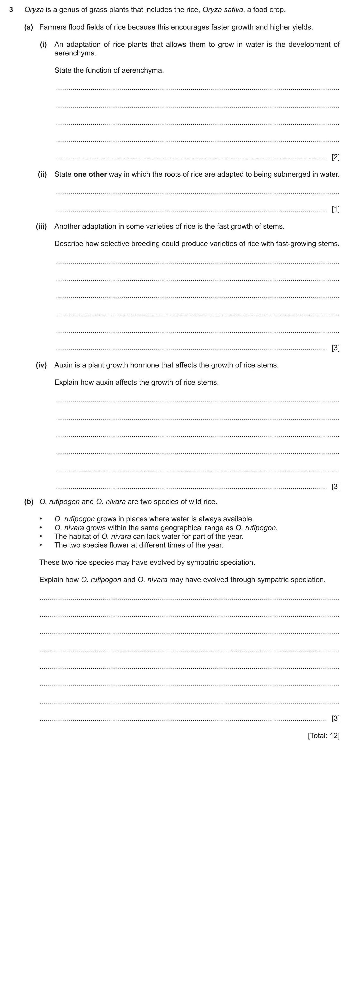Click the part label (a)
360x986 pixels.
(29, 27)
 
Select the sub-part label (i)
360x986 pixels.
(43, 44)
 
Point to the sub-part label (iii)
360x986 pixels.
(41, 226)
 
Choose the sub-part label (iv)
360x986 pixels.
(41, 365)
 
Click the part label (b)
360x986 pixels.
(29, 501)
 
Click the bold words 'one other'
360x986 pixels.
(90, 174)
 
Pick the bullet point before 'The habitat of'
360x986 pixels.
(41, 536)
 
